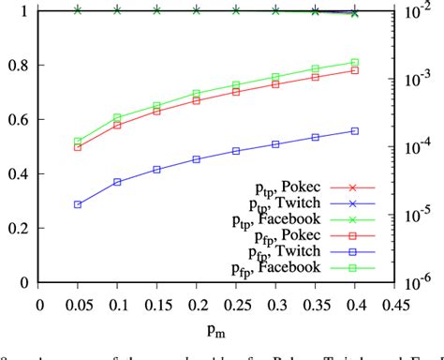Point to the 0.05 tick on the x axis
[x=78, y=304]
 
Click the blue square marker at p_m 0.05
[x=78, y=204]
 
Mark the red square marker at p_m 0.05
[x=78, y=147]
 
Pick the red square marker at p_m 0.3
[x=275, y=84]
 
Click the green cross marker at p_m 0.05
[x=78, y=10]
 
